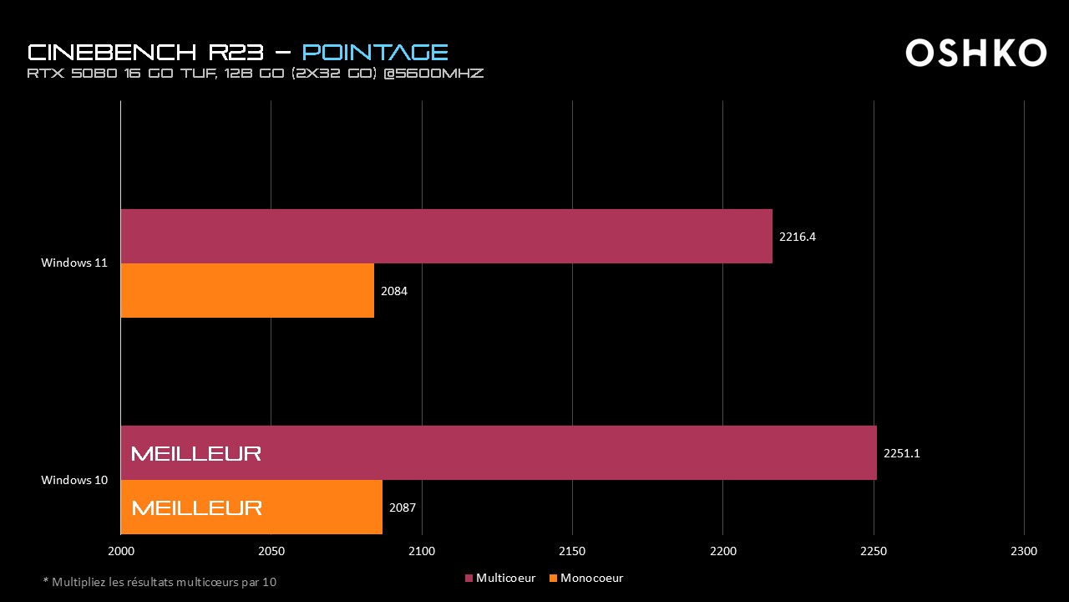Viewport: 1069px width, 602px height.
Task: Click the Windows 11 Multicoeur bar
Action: [x=446, y=237]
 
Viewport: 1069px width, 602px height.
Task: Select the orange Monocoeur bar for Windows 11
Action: [x=247, y=291]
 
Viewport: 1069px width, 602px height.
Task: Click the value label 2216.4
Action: [x=797, y=237]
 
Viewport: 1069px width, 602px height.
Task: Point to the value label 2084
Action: [x=393, y=291]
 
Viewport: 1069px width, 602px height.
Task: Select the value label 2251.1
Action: [x=901, y=453]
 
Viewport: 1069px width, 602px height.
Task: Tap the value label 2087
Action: [x=402, y=508]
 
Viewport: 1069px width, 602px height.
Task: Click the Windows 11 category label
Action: [x=74, y=263]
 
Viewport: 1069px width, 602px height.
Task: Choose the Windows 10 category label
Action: [x=74, y=480]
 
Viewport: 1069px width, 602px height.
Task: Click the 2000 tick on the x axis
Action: [x=121, y=551]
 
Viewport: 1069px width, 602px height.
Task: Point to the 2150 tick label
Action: [x=572, y=551]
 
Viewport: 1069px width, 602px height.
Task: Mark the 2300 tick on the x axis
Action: [x=1024, y=551]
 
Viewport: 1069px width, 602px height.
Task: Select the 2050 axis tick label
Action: [x=271, y=551]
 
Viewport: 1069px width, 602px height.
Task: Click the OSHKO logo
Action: [x=975, y=53]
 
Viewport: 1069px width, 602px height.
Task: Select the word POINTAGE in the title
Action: [x=375, y=52]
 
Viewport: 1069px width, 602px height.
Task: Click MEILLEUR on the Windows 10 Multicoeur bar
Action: [x=196, y=453]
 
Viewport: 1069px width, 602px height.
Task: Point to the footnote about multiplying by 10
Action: [x=160, y=582]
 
